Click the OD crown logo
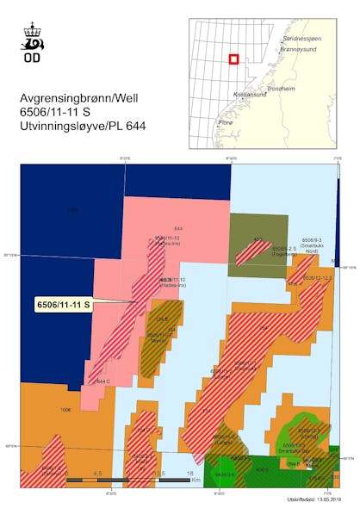coord(32,37)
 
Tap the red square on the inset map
coord(233,59)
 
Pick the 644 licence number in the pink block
coord(178,227)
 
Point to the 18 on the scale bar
coord(187,473)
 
